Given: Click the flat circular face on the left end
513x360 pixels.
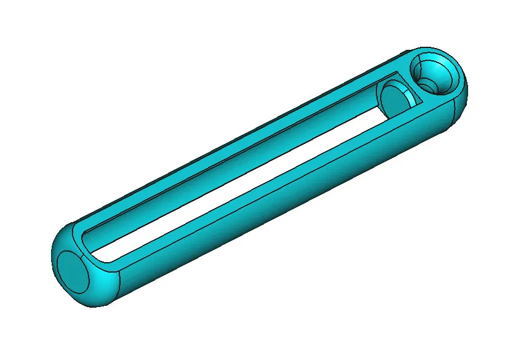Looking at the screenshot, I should [x=72, y=271].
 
